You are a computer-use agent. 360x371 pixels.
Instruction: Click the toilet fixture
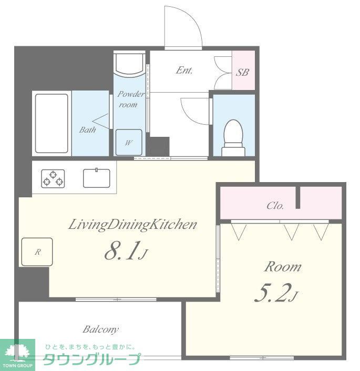tap(233, 138)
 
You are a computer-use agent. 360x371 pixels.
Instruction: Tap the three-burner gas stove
tap(53, 178)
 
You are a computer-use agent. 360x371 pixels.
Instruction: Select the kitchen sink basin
tap(96, 178)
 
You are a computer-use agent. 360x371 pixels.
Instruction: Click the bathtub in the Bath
tap(52, 123)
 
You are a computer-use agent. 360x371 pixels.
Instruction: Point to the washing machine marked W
tap(129, 142)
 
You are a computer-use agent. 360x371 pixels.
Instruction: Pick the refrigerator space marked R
tap(37, 252)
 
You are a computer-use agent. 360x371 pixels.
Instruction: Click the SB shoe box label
tap(243, 72)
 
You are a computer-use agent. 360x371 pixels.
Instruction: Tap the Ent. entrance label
tap(184, 71)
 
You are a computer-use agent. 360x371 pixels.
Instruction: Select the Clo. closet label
tap(275, 205)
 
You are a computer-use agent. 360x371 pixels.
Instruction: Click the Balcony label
tap(100, 329)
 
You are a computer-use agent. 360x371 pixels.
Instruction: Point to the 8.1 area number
tap(126, 251)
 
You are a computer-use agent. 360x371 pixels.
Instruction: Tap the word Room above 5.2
tap(283, 267)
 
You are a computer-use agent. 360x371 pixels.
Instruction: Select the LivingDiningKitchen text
tap(132, 225)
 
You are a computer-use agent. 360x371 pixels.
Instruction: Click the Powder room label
tap(131, 99)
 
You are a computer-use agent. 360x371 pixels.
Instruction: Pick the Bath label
tap(87, 129)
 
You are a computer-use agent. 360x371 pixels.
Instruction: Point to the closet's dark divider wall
tap(298, 197)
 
